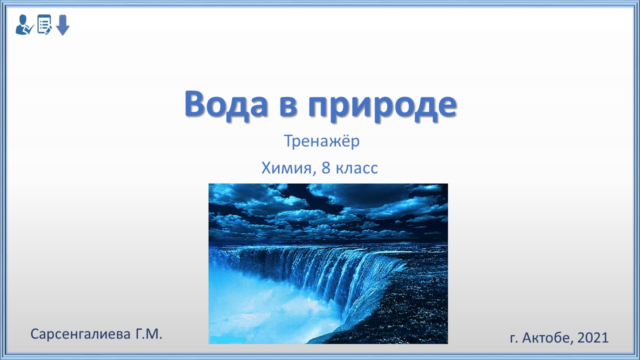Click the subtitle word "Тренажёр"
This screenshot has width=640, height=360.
tap(321, 141)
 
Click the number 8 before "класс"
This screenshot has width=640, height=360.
tap(326, 168)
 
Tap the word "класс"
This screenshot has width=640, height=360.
tap(357, 168)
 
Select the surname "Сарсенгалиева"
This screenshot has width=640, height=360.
tap(80, 334)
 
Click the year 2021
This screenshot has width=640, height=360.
tap(593, 337)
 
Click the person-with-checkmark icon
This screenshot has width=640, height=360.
tap(24, 25)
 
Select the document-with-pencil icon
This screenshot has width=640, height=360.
tap(44, 24)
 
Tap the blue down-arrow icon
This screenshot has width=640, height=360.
tap(62, 25)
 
